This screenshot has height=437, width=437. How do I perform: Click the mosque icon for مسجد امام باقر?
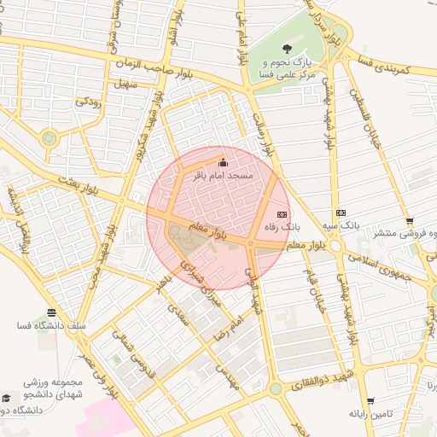coord(224,162)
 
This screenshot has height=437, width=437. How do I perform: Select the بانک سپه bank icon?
coord(341,213)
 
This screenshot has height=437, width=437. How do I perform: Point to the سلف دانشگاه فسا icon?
coord(52,312)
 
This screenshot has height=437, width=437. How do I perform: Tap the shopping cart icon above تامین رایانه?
coord(370,400)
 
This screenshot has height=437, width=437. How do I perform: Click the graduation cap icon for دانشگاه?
coord(7,399)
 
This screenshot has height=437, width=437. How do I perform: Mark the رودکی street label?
coord(90,102)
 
